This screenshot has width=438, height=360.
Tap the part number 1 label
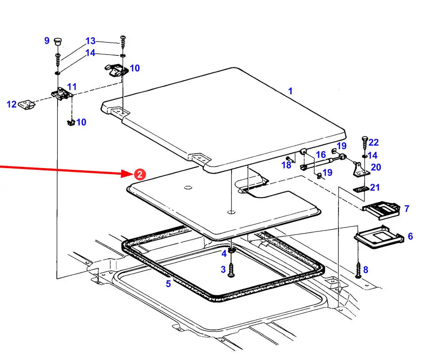point(290,91)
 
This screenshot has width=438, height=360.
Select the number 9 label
point(47,41)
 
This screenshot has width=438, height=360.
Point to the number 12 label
point(11,104)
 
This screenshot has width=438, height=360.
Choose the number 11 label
point(72,87)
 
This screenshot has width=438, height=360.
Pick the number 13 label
point(90,41)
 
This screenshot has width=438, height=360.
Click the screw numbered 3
point(231,270)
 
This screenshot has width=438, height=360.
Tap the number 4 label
point(224,253)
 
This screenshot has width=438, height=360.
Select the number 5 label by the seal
point(168,284)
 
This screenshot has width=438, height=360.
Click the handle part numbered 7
point(380,209)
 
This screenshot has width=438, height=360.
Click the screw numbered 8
point(358,270)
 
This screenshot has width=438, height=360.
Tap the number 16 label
point(320,155)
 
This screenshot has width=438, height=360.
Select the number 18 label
point(286,165)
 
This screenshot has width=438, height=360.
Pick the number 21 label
point(375,188)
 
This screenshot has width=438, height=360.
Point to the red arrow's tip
point(131,174)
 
